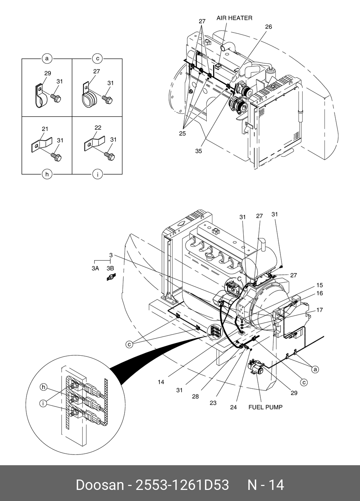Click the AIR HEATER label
234,18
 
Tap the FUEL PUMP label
265,407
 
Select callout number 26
268,27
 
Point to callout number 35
198,151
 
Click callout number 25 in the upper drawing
182,133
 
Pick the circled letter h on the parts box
47,174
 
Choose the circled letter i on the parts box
97,174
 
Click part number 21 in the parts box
45,129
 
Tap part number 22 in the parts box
98,128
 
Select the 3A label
95,268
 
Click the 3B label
110,268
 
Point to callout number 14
161,382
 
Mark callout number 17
320,310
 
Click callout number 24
233,407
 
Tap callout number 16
320,293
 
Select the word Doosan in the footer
100,485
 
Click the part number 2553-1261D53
182,485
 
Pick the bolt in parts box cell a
56,98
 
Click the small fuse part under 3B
111,277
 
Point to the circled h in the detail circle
44,387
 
